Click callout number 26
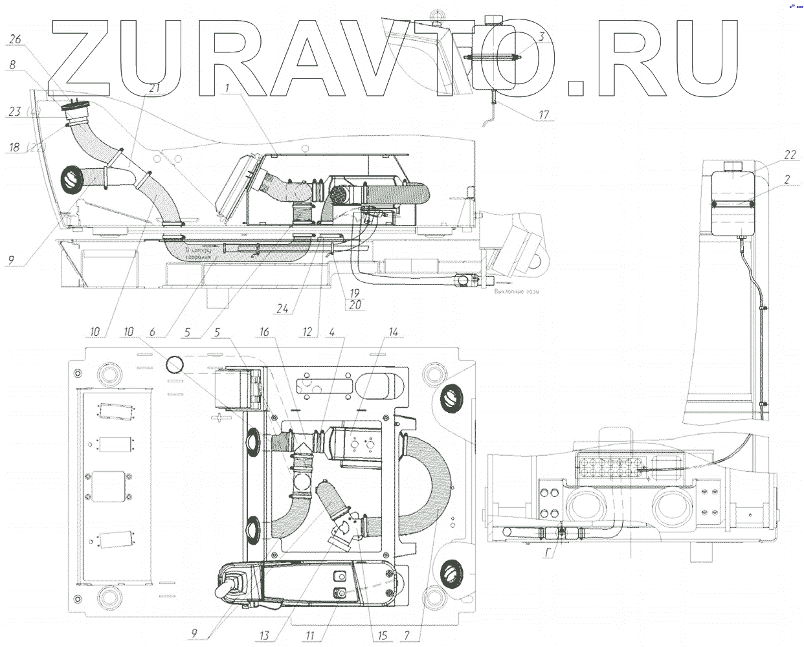pyautogui.click(x=14, y=39)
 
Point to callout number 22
pyautogui.click(x=790, y=155)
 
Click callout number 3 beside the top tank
pyautogui.click(x=542, y=37)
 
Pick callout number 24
pyautogui.click(x=282, y=309)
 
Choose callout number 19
pyautogui.click(x=354, y=293)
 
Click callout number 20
pyautogui.click(x=355, y=304)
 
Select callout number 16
pyautogui.click(x=264, y=332)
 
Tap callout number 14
pyautogui.click(x=393, y=332)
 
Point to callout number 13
pyautogui.click(x=264, y=635)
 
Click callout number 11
pyautogui.click(x=310, y=635)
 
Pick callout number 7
pyautogui.click(x=407, y=635)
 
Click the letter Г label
pyautogui.click(x=548, y=553)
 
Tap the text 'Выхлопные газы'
pyautogui.click(x=516, y=291)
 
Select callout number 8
pyautogui.click(x=12, y=65)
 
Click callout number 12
pyautogui.click(x=307, y=332)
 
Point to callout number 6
pyautogui.click(x=152, y=332)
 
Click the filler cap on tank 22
pyautogui.click(x=733, y=165)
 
